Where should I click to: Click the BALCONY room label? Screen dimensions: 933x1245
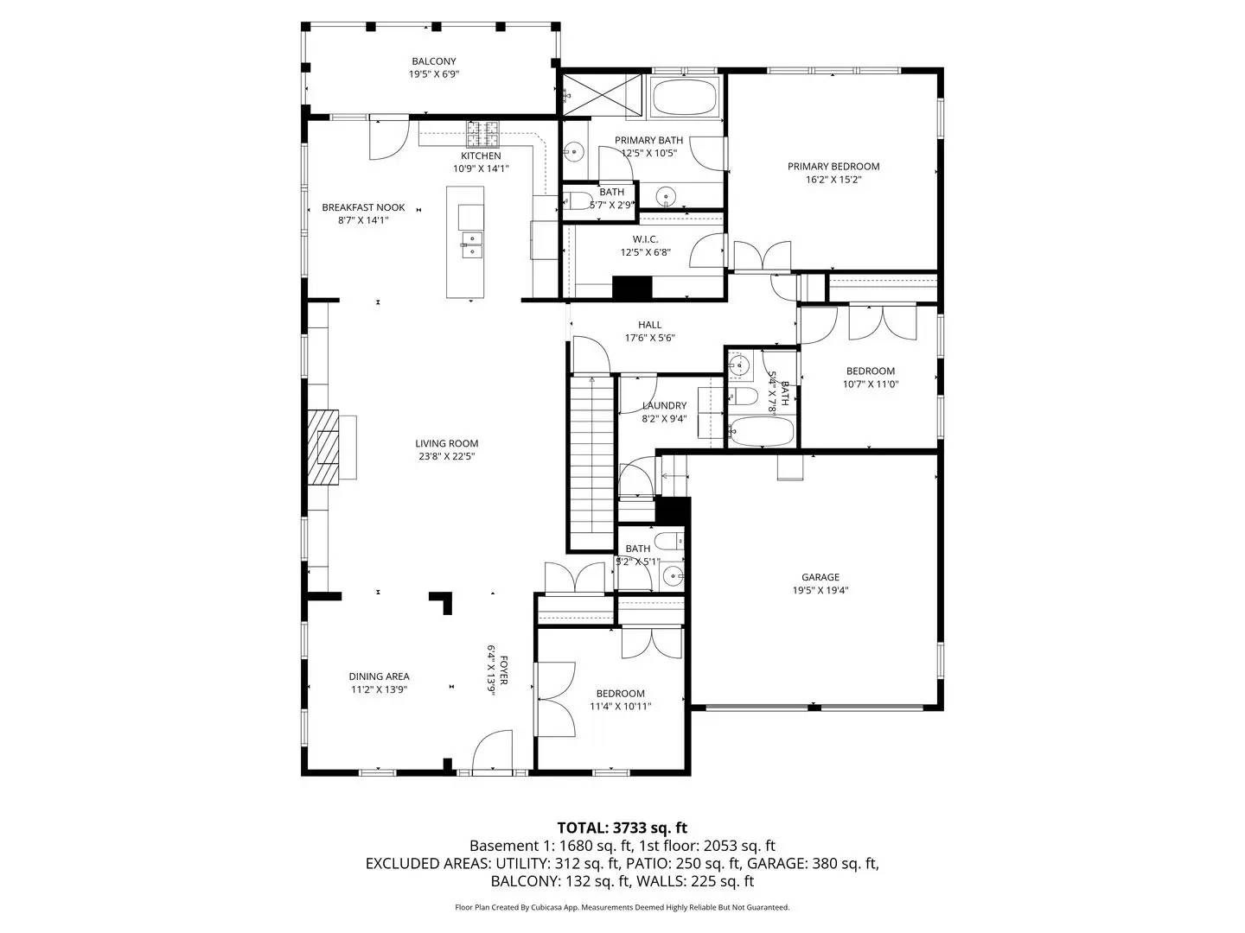point(433,61)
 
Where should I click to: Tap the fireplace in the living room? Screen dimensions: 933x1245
point(327,447)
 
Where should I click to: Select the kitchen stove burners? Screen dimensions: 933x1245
point(483,133)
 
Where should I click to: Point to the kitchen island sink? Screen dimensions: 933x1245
point(471,244)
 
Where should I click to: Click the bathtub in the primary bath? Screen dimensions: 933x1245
point(685,97)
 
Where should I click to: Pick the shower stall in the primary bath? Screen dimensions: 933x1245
point(603,94)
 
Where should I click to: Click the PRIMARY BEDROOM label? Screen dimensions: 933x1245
point(833,167)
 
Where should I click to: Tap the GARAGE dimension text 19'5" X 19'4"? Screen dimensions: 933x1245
point(820,591)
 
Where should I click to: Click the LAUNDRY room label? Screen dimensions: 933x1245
point(664,405)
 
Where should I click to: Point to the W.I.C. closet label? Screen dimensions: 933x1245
point(645,238)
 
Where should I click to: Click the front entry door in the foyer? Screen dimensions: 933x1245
point(495,752)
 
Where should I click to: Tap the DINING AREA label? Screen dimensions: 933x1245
point(379,676)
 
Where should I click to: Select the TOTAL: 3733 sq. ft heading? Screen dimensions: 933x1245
point(622,828)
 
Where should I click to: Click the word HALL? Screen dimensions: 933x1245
point(649,325)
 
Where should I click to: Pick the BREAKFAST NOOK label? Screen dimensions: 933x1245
point(363,207)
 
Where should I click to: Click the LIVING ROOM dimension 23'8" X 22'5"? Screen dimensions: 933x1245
point(446,456)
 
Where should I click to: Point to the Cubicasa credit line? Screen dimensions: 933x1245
point(622,907)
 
